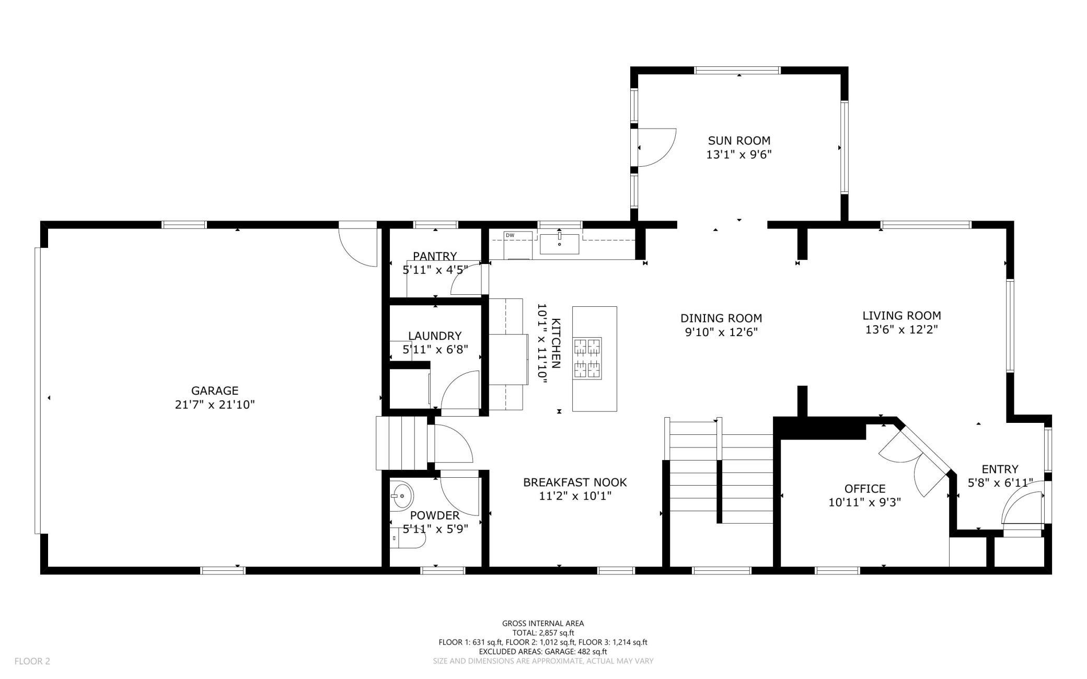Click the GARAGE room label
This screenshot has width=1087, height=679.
[x=215, y=390]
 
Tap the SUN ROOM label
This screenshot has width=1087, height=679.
[x=739, y=141]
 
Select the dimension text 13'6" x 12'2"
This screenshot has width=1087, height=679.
[x=901, y=330]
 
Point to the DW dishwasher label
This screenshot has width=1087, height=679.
[x=510, y=236]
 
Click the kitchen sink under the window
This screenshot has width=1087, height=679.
[x=559, y=244]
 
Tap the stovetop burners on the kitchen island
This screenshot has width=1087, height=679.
[x=587, y=358]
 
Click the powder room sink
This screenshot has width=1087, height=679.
[x=402, y=494]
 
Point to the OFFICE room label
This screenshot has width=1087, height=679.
[x=865, y=489]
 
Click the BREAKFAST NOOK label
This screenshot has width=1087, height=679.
[x=575, y=482]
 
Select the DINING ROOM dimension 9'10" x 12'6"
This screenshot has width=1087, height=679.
[x=721, y=332]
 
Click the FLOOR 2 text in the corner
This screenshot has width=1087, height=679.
[x=32, y=661]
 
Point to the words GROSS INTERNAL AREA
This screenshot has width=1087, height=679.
[x=543, y=623]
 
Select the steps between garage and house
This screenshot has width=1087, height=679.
[x=401, y=443]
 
